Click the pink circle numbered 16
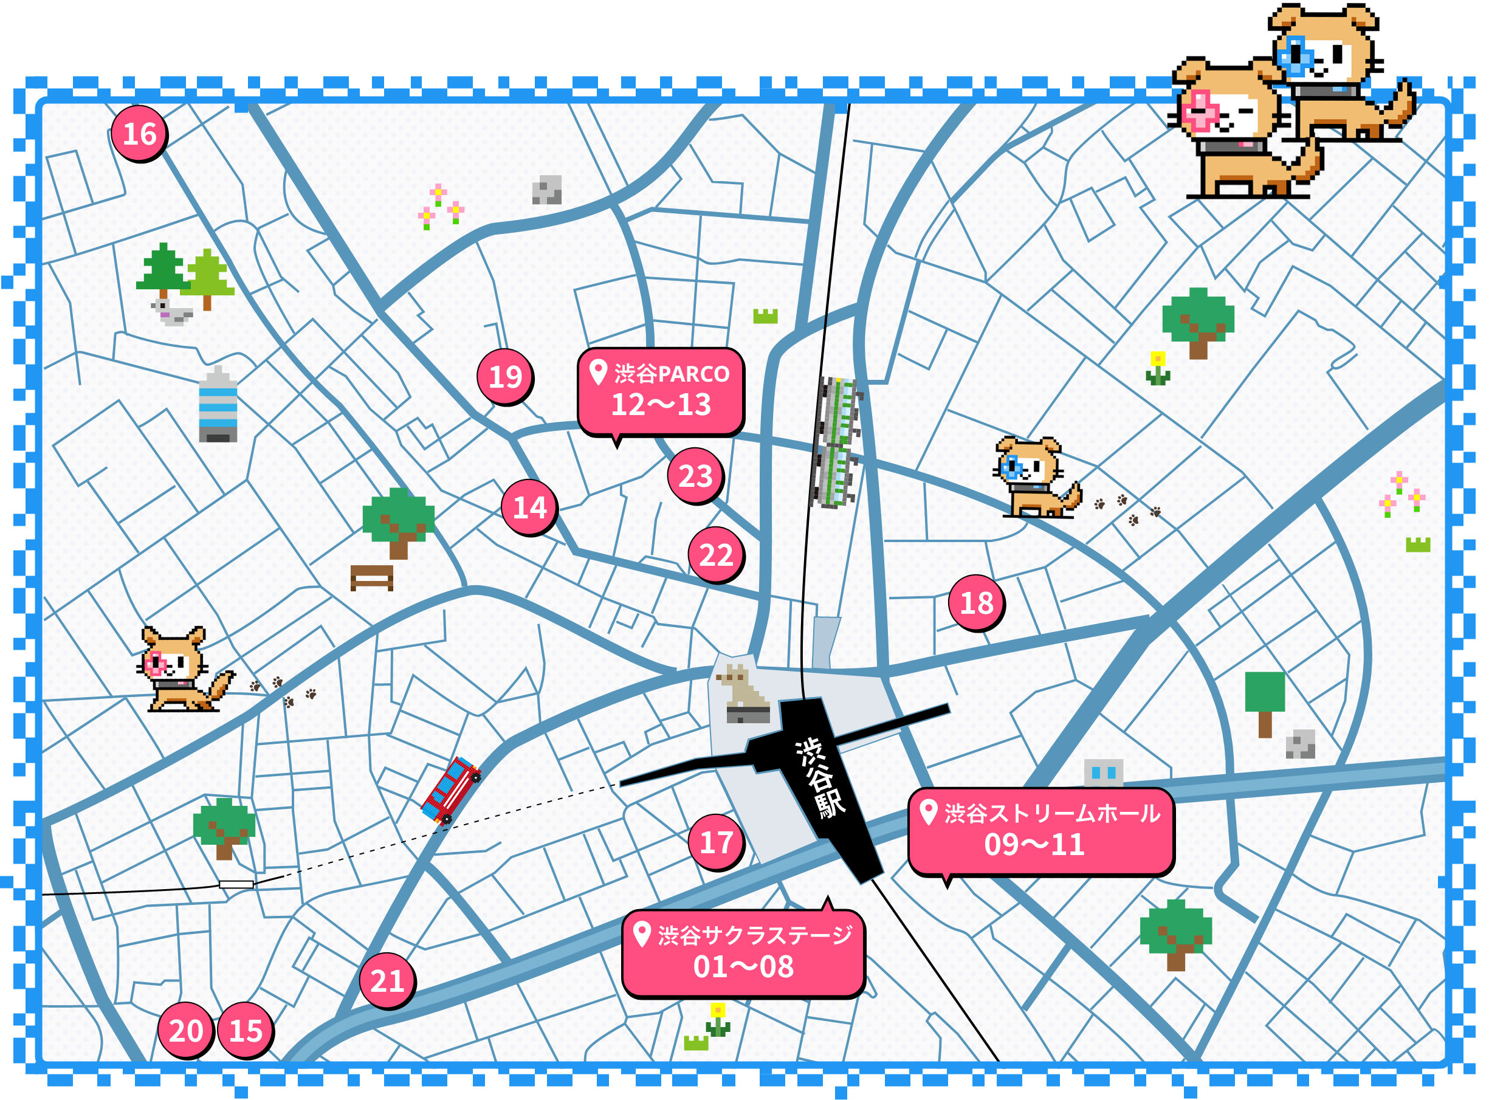tap(139, 133)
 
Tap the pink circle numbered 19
tap(505, 376)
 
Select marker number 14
tap(529, 507)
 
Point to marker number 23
tap(695, 475)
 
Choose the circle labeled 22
tap(716, 554)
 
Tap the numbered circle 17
tap(716, 842)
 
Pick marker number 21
tap(387, 980)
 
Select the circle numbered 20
tap(185, 1030)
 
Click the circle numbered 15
tap(245, 1030)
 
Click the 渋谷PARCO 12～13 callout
tap(661, 391)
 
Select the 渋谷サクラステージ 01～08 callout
tap(743, 953)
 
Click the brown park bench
tap(371, 577)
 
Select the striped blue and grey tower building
tap(218, 405)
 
